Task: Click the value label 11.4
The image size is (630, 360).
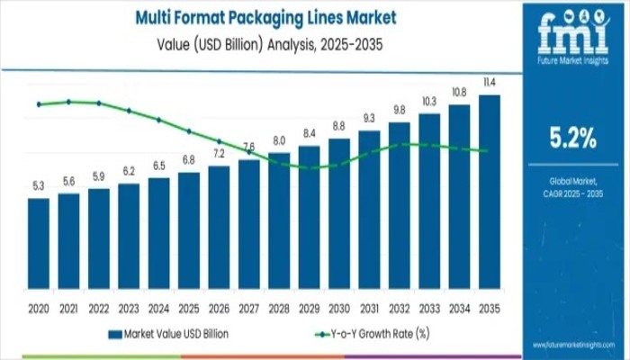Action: [x=490, y=83]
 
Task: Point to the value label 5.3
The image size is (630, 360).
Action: [x=39, y=185]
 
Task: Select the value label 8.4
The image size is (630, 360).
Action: [x=310, y=133]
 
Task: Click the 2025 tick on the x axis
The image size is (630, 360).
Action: [x=189, y=308]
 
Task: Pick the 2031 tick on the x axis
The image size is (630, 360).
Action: [x=369, y=308]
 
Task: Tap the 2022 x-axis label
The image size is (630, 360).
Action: [x=99, y=308]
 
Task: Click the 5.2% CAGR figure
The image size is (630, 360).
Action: [x=572, y=138]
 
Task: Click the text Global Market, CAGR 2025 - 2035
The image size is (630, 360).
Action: [x=572, y=189]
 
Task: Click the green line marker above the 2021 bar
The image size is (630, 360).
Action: [x=69, y=102]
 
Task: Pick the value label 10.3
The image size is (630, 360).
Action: [x=429, y=101]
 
